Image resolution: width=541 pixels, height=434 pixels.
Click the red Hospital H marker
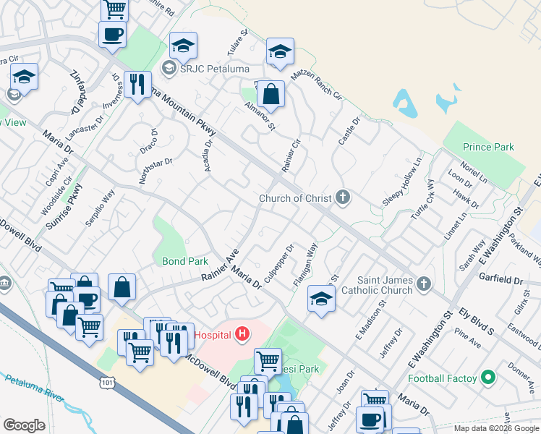[243, 335]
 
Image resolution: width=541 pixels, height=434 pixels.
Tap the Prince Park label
[488, 147]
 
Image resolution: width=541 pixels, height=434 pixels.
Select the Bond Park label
[184, 260]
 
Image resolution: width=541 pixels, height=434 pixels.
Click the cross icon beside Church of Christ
[343, 197]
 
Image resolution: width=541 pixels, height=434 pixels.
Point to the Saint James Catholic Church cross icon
[424, 285]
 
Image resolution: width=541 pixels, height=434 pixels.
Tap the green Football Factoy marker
[488, 378]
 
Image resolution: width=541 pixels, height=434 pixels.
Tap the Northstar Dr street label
[155, 172]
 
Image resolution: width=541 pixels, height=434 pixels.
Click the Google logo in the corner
[24, 425]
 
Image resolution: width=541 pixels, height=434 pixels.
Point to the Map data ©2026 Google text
[495, 428]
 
